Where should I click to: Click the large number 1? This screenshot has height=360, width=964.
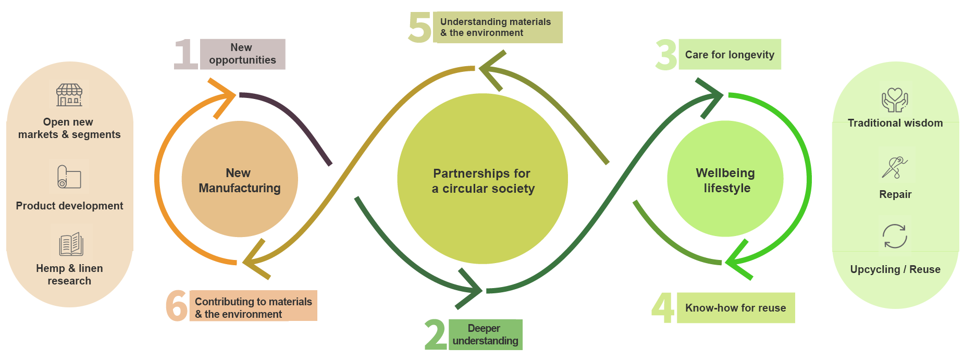186,54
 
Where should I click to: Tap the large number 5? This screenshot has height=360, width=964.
420,27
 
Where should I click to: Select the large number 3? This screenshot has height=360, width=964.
666,55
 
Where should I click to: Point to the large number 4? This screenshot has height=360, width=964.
663,307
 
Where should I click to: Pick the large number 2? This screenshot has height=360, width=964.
436,334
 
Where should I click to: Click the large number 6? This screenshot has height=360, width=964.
177,306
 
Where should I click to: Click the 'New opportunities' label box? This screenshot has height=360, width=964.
243,54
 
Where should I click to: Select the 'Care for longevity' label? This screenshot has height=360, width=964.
730,55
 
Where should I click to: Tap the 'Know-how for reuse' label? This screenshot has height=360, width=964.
735,308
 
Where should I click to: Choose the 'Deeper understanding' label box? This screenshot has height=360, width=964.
485,334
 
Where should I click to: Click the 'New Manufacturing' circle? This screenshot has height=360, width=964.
240,180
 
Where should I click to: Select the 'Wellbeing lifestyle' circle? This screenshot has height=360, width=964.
725,180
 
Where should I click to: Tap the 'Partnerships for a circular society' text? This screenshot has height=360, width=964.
483,181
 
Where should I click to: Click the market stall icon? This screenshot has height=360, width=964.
69,95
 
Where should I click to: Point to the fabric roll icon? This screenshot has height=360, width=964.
69,177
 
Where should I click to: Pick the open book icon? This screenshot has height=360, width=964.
71,244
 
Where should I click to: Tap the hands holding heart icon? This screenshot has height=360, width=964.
895,100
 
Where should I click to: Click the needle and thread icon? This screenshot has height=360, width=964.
895,167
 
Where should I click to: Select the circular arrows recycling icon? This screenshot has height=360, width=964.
895,237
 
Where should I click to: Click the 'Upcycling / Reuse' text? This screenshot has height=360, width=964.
895,269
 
